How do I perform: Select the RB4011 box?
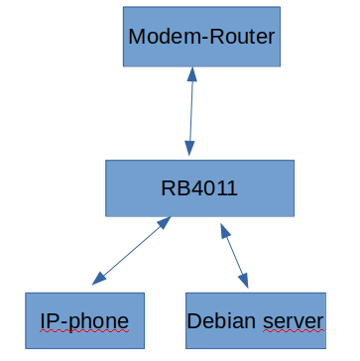(199, 188)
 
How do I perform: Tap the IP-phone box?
(84, 321)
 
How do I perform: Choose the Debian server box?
(255, 321)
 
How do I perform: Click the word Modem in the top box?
(161, 38)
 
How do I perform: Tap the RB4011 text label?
(199, 188)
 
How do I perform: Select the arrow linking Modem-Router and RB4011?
(191, 111)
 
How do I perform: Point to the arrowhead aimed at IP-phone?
(95, 281)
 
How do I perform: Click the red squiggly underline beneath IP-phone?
(84, 334)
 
